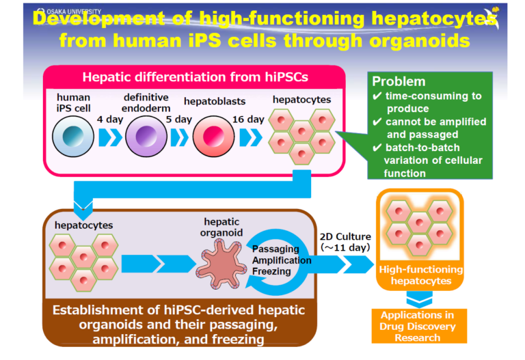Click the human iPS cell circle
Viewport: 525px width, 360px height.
pyautogui.click(x=73, y=136)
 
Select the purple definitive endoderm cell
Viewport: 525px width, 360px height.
pyautogui.click(x=146, y=136)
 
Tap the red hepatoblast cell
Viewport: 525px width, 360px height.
pyautogui.click(x=213, y=136)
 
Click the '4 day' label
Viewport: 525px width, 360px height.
pyautogui.click(x=110, y=120)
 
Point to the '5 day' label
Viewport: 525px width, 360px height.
pyautogui.click(x=179, y=120)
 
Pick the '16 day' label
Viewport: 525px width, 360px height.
pyautogui.click(x=248, y=120)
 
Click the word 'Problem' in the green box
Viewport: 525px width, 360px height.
pyautogui.click(x=399, y=81)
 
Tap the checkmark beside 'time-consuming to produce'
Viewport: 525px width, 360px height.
pyautogui.click(x=377, y=96)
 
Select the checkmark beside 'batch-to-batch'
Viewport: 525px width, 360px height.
pyautogui.click(x=377, y=148)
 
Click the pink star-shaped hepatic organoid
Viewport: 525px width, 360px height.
pyautogui.click(x=221, y=264)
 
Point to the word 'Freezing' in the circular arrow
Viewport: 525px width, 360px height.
pyautogui.click(x=271, y=271)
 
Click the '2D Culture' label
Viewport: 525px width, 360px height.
pyautogui.click(x=345, y=237)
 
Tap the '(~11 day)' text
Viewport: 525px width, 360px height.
pyautogui.click(x=345, y=247)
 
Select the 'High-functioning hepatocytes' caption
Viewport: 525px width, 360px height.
pyautogui.click(x=421, y=275)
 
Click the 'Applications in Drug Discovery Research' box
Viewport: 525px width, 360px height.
pyautogui.click(x=419, y=326)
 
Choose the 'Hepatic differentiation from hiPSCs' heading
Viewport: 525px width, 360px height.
pyautogui.click(x=196, y=77)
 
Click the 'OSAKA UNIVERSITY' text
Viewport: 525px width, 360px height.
pyautogui.click(x=74, y=12)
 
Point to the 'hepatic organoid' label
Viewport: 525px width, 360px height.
pyautogui.click(x=221, y=227)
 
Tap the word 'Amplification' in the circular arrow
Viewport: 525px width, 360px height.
pyautogui.click(x=282, y=260)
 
